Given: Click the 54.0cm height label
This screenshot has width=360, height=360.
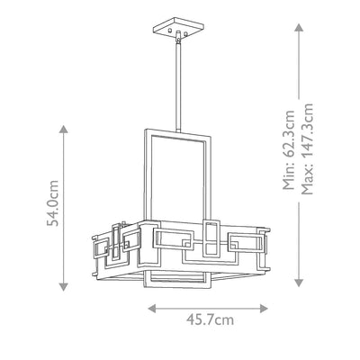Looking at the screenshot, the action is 52,202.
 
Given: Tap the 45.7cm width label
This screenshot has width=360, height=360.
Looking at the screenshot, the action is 210,319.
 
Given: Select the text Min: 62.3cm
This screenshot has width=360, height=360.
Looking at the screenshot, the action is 289,150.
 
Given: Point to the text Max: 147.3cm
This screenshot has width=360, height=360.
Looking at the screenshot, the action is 307,149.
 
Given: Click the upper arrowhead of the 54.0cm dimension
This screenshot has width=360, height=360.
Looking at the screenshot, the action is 63,130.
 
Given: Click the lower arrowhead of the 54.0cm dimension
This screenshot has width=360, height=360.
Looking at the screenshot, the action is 63,287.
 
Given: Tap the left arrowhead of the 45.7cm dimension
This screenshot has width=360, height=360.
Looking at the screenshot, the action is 152,309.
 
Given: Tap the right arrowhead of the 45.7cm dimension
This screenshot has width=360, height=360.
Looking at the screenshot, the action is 264,309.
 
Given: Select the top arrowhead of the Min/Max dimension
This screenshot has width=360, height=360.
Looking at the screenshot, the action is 299,28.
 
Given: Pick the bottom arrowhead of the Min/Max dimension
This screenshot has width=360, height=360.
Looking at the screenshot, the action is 299,283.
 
